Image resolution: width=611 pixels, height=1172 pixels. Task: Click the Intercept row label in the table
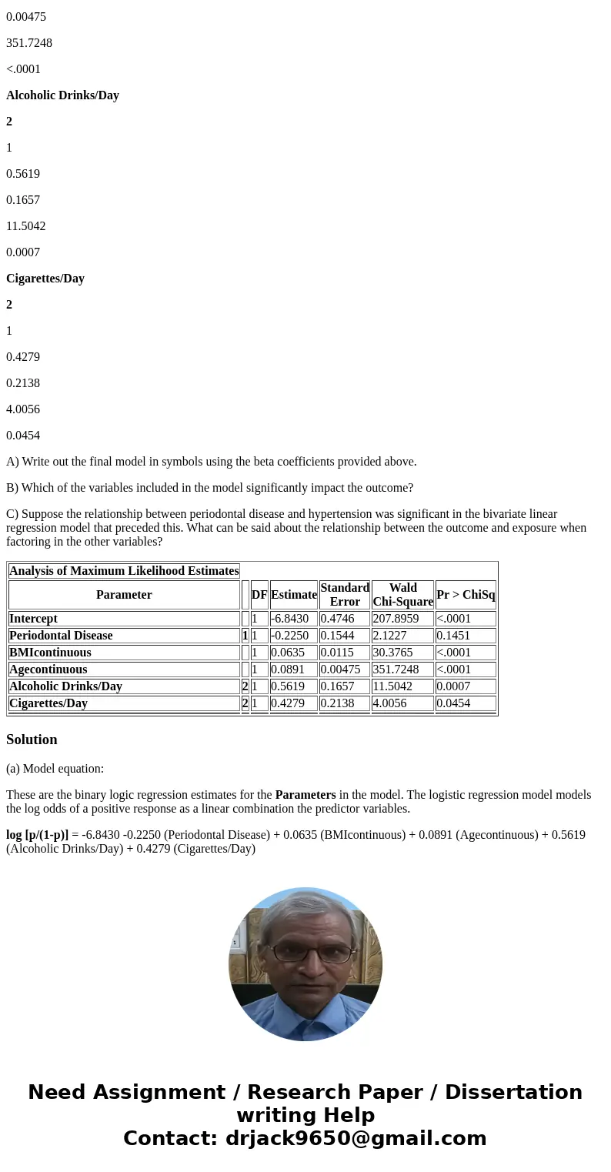click(33, 619)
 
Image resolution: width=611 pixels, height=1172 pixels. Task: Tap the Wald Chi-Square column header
click(402, 595)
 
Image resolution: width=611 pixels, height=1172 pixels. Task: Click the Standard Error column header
click(344, 595)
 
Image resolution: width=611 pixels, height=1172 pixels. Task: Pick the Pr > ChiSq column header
click(466, 595)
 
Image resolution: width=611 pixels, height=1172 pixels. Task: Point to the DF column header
click(259, 595)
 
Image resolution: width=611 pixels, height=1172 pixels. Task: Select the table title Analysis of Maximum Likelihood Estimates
click(124, 571)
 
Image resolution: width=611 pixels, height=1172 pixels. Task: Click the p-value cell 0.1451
click(453, 636)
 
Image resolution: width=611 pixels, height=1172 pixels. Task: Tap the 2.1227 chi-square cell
click(392, 636)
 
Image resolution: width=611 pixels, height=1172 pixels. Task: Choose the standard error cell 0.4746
click(337, 619)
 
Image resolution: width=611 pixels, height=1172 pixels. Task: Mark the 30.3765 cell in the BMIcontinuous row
click(392, 653)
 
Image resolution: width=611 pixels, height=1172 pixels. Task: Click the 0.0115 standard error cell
click(337, 653)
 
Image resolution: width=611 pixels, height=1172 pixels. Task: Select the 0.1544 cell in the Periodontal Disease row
click(337, 636)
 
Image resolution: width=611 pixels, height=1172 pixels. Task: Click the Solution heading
click(32, 740)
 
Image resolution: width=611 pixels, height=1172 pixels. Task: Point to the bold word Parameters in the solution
click(305, 795)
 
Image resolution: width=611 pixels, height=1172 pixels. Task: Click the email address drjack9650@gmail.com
click(356, 1139)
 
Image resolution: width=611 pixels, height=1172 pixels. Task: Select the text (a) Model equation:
click(55, 769)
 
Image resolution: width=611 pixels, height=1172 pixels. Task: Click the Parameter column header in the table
click(124, 595)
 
